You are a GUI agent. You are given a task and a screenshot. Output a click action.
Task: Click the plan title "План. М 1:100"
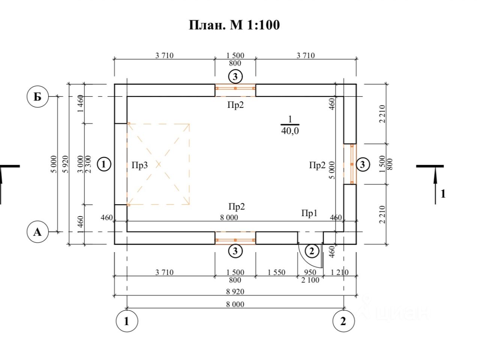click(x=234, y=25)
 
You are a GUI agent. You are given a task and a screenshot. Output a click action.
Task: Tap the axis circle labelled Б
click(x=37, y=96)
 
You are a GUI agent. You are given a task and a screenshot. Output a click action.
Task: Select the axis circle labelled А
click(x=37, y=232)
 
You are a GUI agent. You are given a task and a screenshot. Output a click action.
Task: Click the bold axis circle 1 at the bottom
click(x=127, y=321)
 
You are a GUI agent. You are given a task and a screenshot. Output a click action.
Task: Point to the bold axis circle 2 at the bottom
click(x=343, y=321)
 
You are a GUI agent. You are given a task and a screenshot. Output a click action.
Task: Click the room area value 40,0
click(x=290, y=131)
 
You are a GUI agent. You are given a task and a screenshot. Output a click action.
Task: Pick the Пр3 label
click(x=139, y=165)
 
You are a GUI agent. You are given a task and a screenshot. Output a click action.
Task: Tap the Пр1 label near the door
click(x=309, y=213)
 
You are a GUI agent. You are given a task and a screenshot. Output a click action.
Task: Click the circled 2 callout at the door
click(x=311, y=251)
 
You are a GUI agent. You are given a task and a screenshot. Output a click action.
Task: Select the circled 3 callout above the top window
click(x=235, y=77)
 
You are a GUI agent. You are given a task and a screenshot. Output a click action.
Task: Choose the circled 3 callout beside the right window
click(x=363, y=164)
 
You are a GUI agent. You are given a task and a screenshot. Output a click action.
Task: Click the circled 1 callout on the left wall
click(x=103, y=164)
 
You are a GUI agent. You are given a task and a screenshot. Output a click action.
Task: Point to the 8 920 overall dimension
click(x=235, y=291)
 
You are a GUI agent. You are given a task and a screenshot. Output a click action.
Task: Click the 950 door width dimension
click(x=310, y=272)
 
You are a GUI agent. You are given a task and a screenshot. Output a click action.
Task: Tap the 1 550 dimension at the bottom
click(x=276, y=272)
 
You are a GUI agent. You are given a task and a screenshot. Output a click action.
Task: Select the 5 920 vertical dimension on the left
click(x=65, y=164)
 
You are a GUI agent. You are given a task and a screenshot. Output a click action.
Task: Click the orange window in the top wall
click(x=235, y=90)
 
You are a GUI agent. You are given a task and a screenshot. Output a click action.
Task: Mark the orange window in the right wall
click(x=350, y=164)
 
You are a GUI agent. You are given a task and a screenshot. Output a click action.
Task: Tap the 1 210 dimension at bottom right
click(x=339, y=272)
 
